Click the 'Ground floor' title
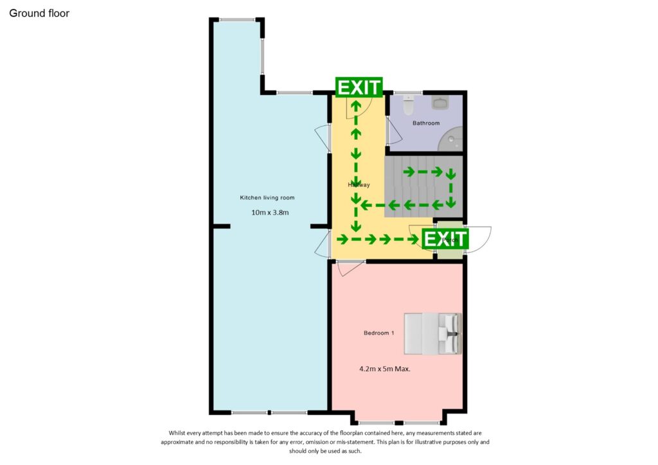click(39, 13)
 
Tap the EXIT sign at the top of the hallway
click(359, 87)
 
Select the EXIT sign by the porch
click(445, 239)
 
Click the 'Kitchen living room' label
click(267, 197)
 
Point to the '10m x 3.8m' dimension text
click(270, 212)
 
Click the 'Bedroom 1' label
click(378, 333)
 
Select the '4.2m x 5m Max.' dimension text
click(385, 369)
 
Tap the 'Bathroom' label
click(426, 123)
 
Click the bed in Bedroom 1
click(432, 333)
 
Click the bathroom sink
click(441, 103)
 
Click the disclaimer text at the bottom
click(329, 442)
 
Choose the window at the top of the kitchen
click(236, 20)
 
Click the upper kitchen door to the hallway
click(322, 140)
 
